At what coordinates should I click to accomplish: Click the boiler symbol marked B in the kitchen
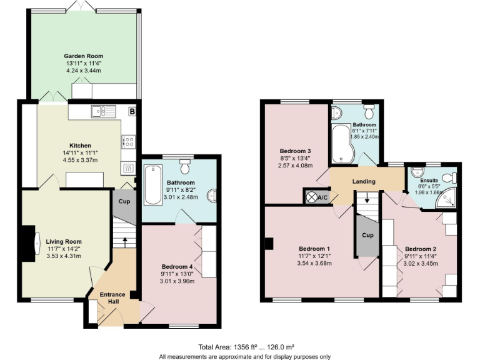(132, 112)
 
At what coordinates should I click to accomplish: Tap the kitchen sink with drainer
(103, 112)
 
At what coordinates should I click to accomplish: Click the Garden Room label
(82, 56)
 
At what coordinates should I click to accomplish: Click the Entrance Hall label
(112, 298)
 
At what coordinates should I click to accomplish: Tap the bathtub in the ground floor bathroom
(152, 184)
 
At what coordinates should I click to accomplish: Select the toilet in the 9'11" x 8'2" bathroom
(185, 167)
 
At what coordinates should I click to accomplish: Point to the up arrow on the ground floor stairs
(124, 239)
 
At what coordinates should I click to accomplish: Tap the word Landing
(364, 182)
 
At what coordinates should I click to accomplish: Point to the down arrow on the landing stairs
(367, 201)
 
